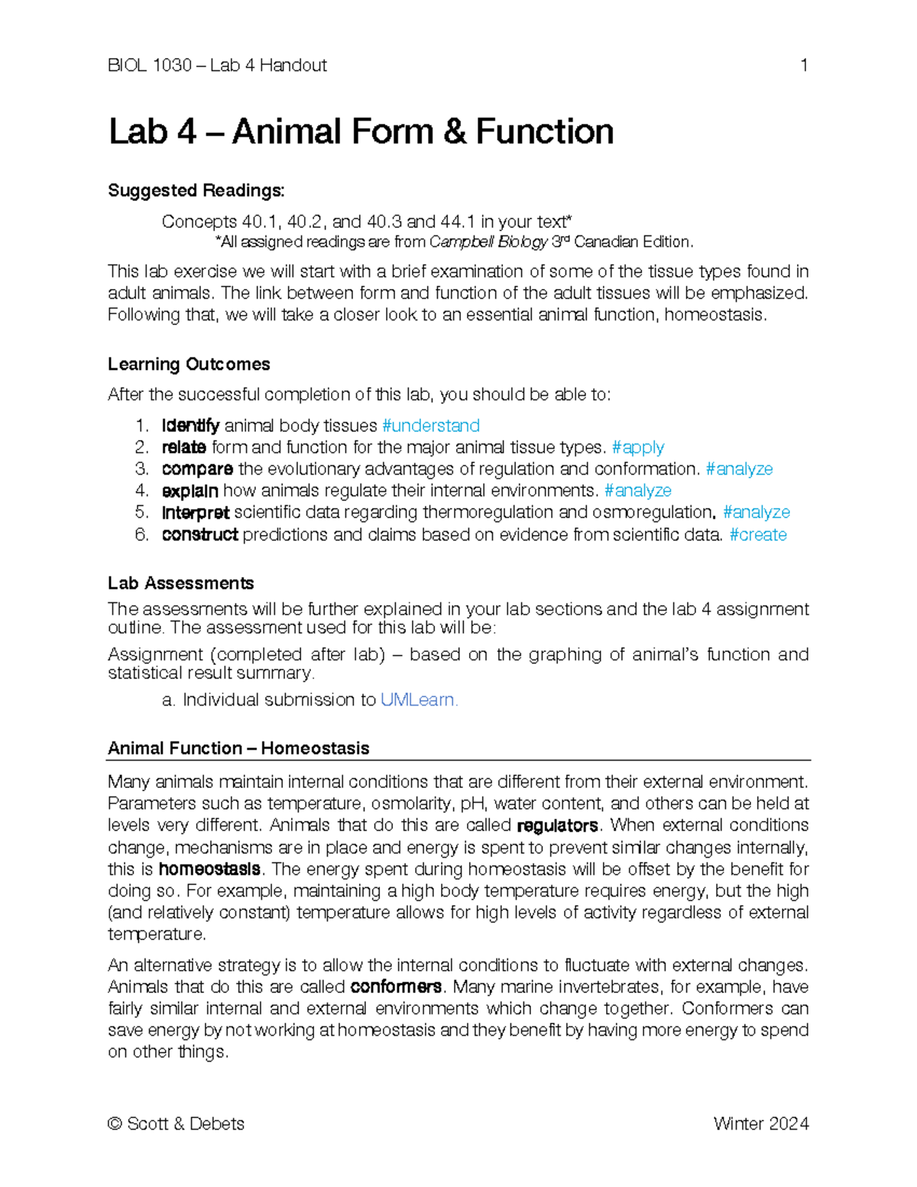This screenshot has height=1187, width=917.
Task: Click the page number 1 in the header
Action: (x=803, y=66)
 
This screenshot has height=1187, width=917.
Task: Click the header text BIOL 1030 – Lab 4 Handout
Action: (x=217, y=66)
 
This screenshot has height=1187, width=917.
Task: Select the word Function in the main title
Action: (x=544, y=131)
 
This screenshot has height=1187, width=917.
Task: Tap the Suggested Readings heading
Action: (x=196, y=190)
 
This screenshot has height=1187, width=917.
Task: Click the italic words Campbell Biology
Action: (x=488, y=242)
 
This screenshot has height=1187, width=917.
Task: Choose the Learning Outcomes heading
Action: (x=189, y=365)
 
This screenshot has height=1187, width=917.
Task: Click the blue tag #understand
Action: (x=430, y=426)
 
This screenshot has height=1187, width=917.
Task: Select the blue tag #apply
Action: (x=638, y=447)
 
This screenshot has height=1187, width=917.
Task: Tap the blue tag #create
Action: (x=757, y=535)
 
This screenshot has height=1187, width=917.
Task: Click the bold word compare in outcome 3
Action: (x=197, y=469)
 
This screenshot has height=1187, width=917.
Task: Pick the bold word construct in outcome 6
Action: (x=199, y=535)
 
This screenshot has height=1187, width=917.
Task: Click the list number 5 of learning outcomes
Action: (x=141, y=512)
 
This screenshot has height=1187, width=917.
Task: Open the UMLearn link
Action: (x=418, y=700)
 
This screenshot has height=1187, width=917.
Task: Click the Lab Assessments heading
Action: (x=180, y=583)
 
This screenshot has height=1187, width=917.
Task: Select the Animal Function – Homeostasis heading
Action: (x=238, y=748)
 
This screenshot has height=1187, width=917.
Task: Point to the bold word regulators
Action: (x=557, y=826)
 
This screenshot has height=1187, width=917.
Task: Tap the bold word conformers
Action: (x=395, y=987)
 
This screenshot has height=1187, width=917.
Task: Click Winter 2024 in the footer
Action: (x=760, y=1124)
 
